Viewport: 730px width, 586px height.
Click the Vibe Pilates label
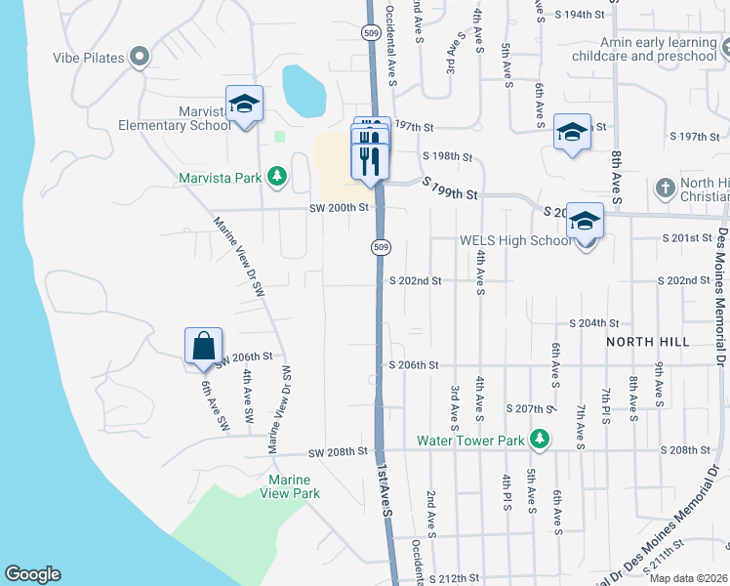pyautogui.click(x=89, y=58)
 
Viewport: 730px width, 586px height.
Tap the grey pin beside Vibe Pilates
pyautogui.click(x=139, y=57)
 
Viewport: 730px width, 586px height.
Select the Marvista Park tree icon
pyautogui.click(x=278, y=176)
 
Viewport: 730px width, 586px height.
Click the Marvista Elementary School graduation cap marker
pyautogui.click(x=244, y=105)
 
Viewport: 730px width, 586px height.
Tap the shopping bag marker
pyautogui.click(x=203, y=347)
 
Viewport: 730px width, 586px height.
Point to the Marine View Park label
pyautogui.click(x=290, y=486)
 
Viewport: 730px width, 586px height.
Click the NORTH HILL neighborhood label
pyautogui.click(x=648, y=342)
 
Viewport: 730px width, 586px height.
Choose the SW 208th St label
pyautogui.click(x=338, y=452)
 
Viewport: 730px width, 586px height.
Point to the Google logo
pyautogui.click(x=32, y=574)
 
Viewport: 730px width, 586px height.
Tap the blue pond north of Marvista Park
pyautogui.click(x=304, y=91)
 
